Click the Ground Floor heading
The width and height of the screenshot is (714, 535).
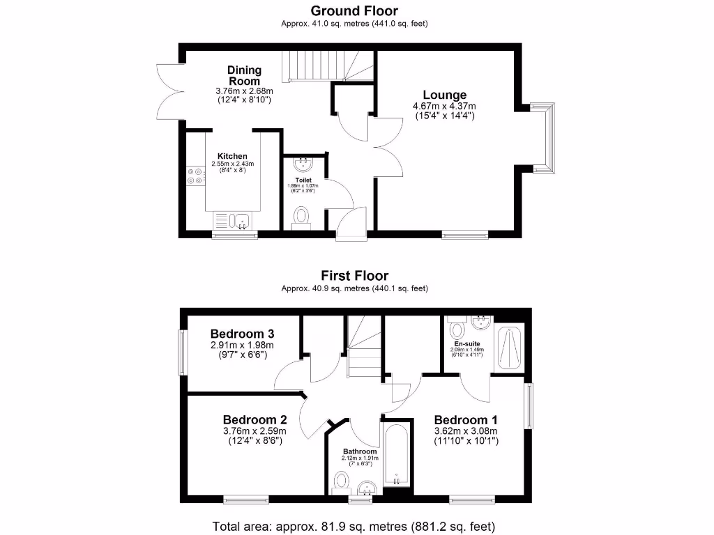pos(354,10)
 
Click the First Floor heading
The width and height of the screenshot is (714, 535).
pos(354,276)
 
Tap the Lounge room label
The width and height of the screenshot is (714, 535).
pos(444,95)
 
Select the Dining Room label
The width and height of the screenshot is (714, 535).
pos(244,75)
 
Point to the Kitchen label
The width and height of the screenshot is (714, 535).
pos(232,156)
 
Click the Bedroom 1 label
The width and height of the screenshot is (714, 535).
pos(466,420)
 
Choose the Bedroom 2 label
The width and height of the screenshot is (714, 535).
pos(255,420)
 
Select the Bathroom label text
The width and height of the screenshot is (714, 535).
pos(360,451)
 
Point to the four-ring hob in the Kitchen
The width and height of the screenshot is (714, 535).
pos(195,176)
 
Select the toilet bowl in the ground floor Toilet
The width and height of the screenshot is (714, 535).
pos(302,216)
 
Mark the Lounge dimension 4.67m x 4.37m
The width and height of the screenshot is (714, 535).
pos(444,107)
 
